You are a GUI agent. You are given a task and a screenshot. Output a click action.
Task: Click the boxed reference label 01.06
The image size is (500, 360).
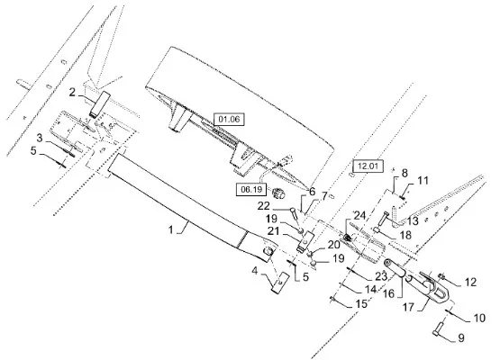pos(229,120)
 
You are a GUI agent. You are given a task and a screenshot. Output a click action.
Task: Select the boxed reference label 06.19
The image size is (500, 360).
pos(251,190)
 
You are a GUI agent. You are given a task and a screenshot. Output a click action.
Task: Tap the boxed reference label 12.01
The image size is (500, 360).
pos(368,166)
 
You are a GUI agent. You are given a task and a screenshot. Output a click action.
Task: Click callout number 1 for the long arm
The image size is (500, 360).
pos(171,229)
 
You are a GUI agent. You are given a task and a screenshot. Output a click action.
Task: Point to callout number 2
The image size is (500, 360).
pos(73,93)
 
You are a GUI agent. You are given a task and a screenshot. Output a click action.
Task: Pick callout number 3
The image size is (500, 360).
pos(40,139)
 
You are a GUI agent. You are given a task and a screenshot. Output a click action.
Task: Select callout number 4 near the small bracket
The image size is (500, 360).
pos(254,271)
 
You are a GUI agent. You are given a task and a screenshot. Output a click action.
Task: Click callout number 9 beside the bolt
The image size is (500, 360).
pos(461,338)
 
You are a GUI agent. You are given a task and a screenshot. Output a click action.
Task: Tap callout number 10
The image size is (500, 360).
pos(479,318)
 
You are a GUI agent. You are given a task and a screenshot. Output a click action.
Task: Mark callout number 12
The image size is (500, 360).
pos(470,283)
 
